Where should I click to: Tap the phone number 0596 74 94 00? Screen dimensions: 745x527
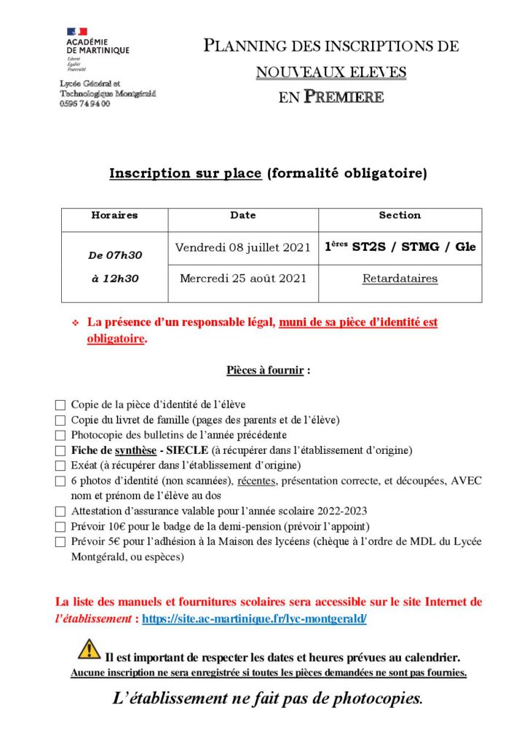coord(85,104)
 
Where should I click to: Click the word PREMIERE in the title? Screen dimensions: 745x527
coord(343,96)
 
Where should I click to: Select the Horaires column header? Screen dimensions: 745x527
coord(114,215)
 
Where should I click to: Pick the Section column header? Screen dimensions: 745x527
coord(400,215)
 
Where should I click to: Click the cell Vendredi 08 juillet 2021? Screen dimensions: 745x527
coord(243,247)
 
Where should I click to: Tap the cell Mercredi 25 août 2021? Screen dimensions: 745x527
coord(243,278)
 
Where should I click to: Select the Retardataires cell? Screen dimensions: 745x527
coord(400,278)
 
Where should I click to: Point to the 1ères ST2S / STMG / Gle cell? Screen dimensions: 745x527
coord(400,247)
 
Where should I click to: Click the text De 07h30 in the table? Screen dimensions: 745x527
coord(115,255)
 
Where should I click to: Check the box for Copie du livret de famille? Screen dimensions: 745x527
coord(60,421)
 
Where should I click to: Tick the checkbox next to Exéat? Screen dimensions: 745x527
coord(60,466)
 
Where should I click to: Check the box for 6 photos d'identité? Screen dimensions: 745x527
coord(60,482)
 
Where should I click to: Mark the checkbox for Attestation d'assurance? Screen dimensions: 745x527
coord(60,511)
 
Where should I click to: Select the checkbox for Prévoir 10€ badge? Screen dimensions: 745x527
coord(60,527)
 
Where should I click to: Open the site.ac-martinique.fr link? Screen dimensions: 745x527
coord(254,618)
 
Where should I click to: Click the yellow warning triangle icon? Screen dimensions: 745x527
coord(89,648)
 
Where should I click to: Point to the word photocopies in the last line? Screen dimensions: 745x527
coord(376,699)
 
